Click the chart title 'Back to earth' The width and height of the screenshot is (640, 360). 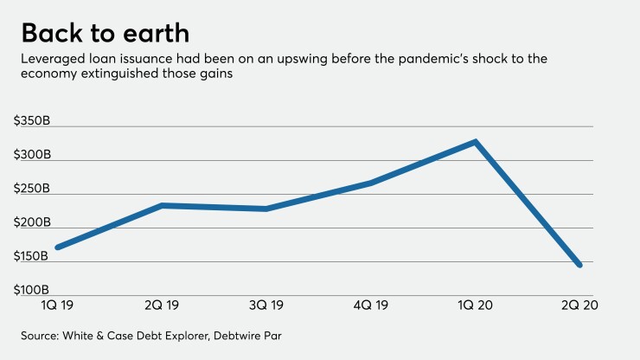click(105, 33)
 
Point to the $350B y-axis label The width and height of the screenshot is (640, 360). click(32, 121)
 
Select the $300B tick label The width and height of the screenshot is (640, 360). click(32, 155)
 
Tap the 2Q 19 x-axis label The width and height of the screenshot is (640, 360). click(162, 305)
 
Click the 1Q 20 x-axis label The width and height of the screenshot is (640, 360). click(475, 305)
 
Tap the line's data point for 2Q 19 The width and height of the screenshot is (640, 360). click(162, 205)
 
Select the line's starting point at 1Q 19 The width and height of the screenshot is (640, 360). click(57, 247)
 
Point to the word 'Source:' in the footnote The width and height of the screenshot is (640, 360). click(43, 335)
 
